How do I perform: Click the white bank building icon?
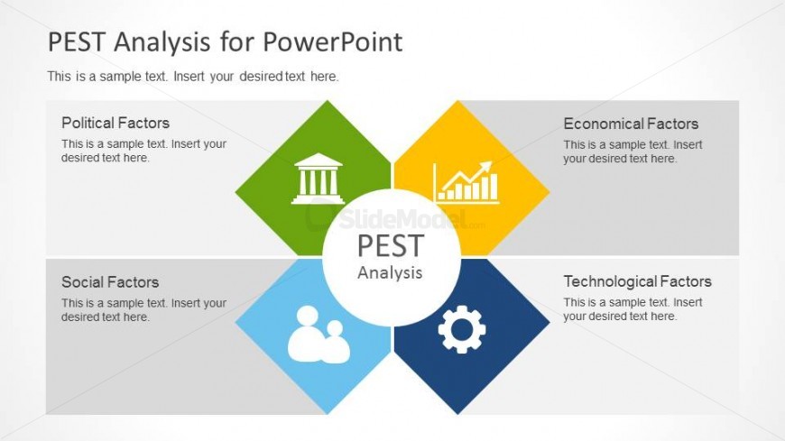tap(318, 179)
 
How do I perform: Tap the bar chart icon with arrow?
tap(466, 182)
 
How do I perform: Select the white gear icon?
tap(462, 329)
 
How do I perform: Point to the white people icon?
tap(319, 335)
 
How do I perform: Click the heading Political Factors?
tap(115, 123)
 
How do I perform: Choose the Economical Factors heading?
tap(631, 124)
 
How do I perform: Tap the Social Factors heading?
tap(110, 281)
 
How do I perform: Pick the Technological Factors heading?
tap(637, 281)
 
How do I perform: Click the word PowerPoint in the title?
tap(332, 41)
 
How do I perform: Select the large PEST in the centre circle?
tap(391, 246)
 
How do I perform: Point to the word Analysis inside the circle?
tap(390, 273)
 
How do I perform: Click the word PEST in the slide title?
tap(77, 41)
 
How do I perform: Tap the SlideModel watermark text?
tap(403, 219)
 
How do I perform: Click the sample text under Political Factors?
tap(144, 151)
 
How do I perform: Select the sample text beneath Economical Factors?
tap(633, 152)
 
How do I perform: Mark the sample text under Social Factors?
tap(144, 310)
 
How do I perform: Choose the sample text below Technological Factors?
tap(633, 309)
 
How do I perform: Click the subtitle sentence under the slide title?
tap(193, 77)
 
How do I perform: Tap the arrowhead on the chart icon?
tap(485, 167)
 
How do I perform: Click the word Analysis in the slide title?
tap(162, 42)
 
